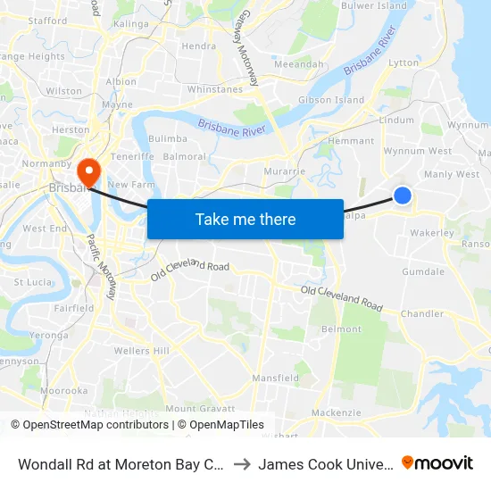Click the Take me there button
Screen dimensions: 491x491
[245, 220]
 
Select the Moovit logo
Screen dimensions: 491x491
[437, 462]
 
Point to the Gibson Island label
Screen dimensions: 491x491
[330, 100]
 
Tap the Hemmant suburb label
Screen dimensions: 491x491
[351, 141]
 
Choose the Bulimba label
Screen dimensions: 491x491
[168, 139]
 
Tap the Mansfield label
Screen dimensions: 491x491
[275, 379]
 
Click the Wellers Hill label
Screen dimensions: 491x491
[141, 351]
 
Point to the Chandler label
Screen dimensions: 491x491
[422, 314]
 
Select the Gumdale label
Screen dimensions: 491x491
[423, 271]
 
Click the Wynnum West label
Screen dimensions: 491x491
[417, 152]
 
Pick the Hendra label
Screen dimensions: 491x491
[198, 46]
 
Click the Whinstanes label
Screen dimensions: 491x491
[215, 89]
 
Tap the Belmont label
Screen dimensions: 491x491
[341, 329]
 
